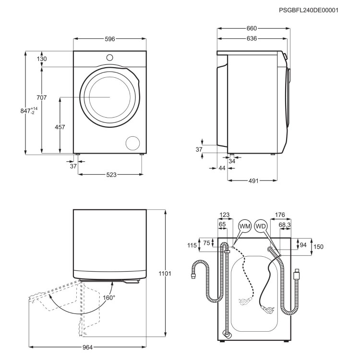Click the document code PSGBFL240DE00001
(309, 11)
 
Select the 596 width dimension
(110, 39)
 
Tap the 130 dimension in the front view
(42, 59)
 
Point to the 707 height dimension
(42, 97)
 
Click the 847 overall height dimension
(29, 111)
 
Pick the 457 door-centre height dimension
(60, 127)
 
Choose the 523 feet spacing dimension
(111, 175)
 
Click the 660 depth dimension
(252, 28)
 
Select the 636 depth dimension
(252, 38)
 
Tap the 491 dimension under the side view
(253, 181)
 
